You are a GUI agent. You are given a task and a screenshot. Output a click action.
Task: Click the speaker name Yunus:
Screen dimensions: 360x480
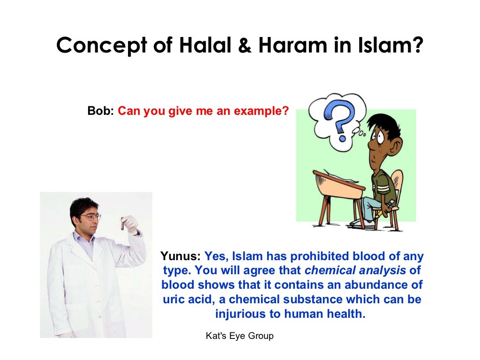(180, 256)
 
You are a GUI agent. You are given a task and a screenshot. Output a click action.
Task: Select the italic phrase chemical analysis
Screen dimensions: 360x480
(355, 270)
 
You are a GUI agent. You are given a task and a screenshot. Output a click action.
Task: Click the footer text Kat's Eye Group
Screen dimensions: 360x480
(240, 336)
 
